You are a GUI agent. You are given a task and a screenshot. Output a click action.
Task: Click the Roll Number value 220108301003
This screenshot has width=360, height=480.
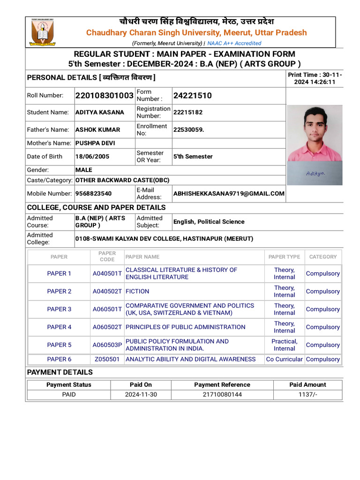pyautogui.click(x=104, y=96)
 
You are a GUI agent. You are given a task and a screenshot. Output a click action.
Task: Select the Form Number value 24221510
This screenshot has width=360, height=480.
pyautogui.click(x=192, y=96)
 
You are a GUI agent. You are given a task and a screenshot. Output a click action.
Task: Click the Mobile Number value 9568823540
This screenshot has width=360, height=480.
pyautogui.click(x=93, y=193)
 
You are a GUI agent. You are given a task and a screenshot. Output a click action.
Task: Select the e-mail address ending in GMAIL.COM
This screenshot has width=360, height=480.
pyautogui.click(x=229, y=193)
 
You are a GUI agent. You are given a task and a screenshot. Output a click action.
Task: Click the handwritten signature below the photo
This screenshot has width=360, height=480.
pyautogui.click(x=315, y=173)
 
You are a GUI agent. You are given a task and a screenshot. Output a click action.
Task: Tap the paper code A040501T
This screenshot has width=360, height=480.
pyautogui.click(x=107, y=274)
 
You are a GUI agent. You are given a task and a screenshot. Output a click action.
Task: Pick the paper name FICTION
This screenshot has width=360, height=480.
pyautogui.click(x=137, y=291)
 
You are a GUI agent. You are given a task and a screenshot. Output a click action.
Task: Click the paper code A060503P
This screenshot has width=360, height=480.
pyautogui.click(x=107, y=345)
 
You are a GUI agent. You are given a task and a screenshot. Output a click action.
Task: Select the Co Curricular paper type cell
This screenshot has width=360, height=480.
pyautogui.click(x=284, y=360)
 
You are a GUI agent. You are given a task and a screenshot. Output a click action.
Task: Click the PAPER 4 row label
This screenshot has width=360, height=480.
pyautogui.click(x=59, y=327)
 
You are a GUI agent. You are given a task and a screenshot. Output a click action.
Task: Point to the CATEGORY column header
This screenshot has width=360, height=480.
pyautogui.click(x=322, y=257)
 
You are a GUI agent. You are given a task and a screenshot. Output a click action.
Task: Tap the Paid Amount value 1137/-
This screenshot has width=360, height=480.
pyautogui.click(x=307, y=395)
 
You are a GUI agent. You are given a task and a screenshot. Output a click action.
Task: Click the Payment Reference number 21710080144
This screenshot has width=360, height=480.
pyautogui.click(x=222, y=395)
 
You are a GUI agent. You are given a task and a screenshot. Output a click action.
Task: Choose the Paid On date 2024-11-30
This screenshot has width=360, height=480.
pyautogui.click(x=141, y=395)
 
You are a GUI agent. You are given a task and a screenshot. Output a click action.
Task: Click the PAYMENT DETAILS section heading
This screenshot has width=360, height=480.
pyautogui.click(x=60, y=372)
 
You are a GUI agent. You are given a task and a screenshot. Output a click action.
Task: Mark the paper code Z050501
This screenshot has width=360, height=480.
pyautogui.click(x=107, y=360)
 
